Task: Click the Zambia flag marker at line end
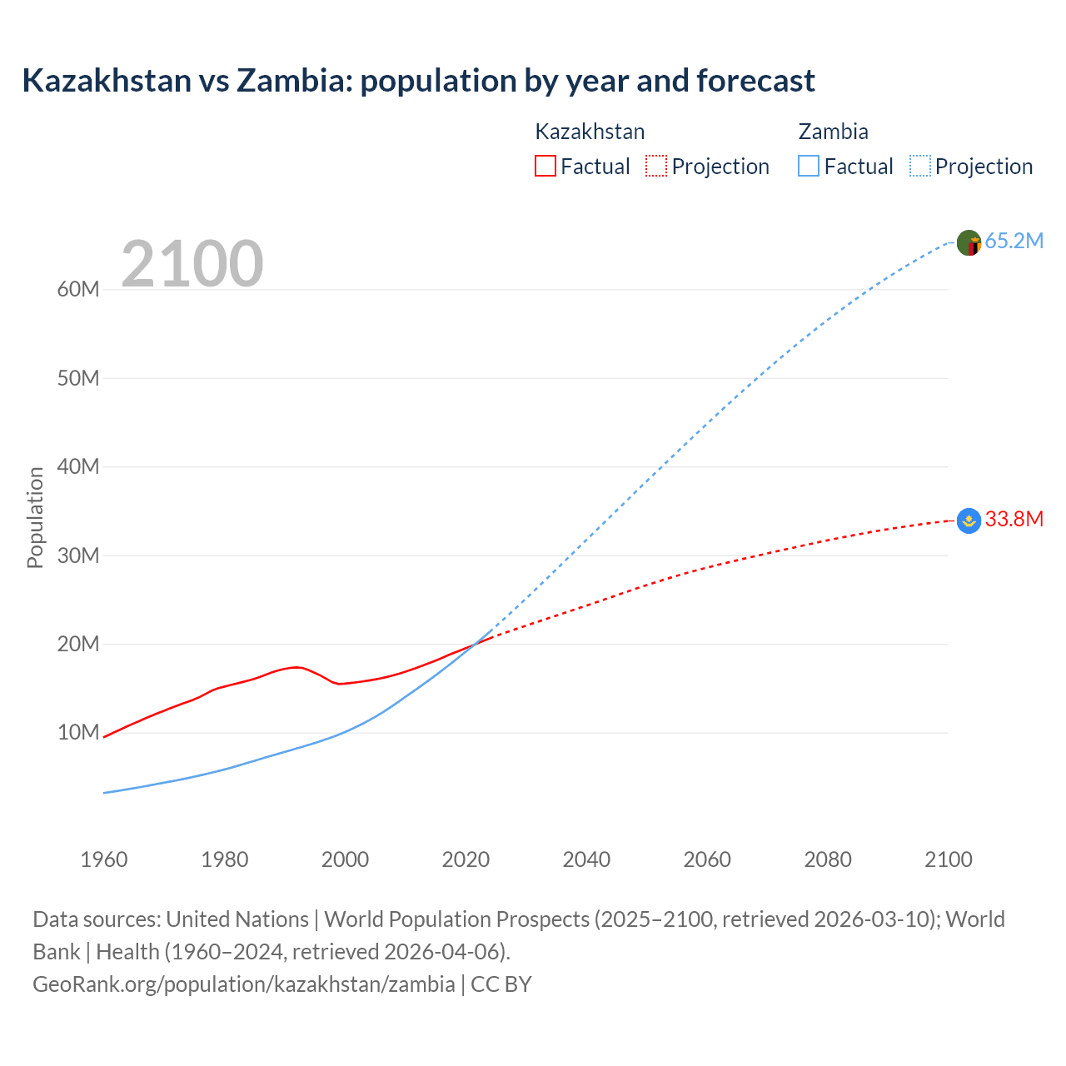[969, 243]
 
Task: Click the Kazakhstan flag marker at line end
[969, 521]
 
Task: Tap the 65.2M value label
[1014, 242]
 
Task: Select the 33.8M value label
[1014, 520]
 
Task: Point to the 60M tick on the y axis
[78, 290]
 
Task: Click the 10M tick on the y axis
[78, 733]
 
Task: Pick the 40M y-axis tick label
[78, 467]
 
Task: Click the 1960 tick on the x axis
[104, 859]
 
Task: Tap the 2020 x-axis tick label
[466, 859]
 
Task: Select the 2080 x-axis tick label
[827, 859]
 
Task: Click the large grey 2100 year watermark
[192, 264]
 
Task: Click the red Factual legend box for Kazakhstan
[545, 167]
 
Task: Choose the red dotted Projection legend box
[656, 167]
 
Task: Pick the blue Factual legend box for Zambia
[809, 167]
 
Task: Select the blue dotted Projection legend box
[920, 167]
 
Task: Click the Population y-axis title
[35, 517]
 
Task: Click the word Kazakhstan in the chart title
[107, 81]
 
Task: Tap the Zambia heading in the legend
[833, 132]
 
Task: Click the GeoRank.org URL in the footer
[244, 984]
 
